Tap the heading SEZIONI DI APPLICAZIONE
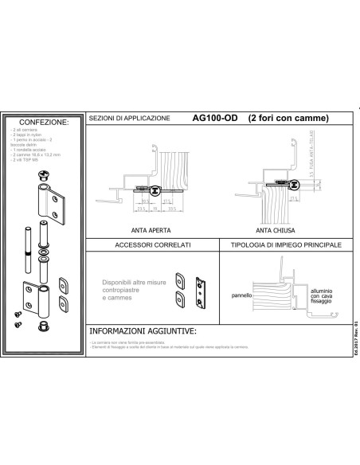pos(130,119)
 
